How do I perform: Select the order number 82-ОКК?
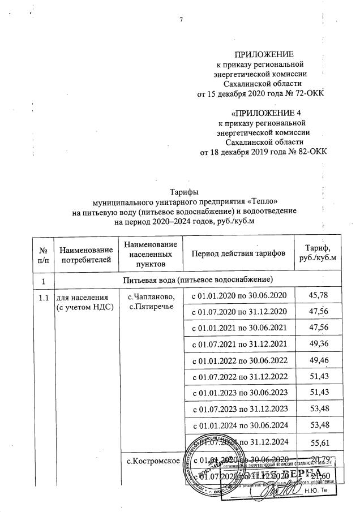click(x=308, y=152)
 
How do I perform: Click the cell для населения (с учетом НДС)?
click(x=83, y=301)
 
